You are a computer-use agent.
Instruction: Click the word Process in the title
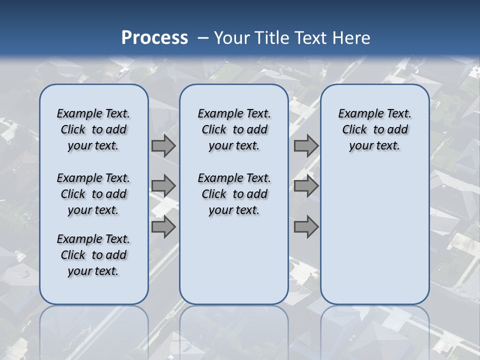[154, 38]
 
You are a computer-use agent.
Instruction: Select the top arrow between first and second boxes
[163, 146]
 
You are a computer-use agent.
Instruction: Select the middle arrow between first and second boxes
[163, 186]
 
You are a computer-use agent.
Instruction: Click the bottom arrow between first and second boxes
[163, 227]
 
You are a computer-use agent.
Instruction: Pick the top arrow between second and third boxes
[306, 146]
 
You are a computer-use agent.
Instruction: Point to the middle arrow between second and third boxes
[306, 186]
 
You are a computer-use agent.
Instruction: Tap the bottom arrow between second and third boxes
[306, 227]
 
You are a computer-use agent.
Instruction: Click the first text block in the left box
[93, 129]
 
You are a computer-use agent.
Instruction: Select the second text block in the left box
[93, 194]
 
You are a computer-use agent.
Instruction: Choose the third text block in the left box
[93, 255]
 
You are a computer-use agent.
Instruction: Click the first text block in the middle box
[234, 129]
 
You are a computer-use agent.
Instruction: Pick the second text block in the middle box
[234, 194]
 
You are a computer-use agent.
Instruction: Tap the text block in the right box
[374, 129]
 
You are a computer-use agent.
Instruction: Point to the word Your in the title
[232, 38]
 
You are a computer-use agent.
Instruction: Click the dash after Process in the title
[203, 38]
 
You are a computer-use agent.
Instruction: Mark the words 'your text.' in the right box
[374, 146]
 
